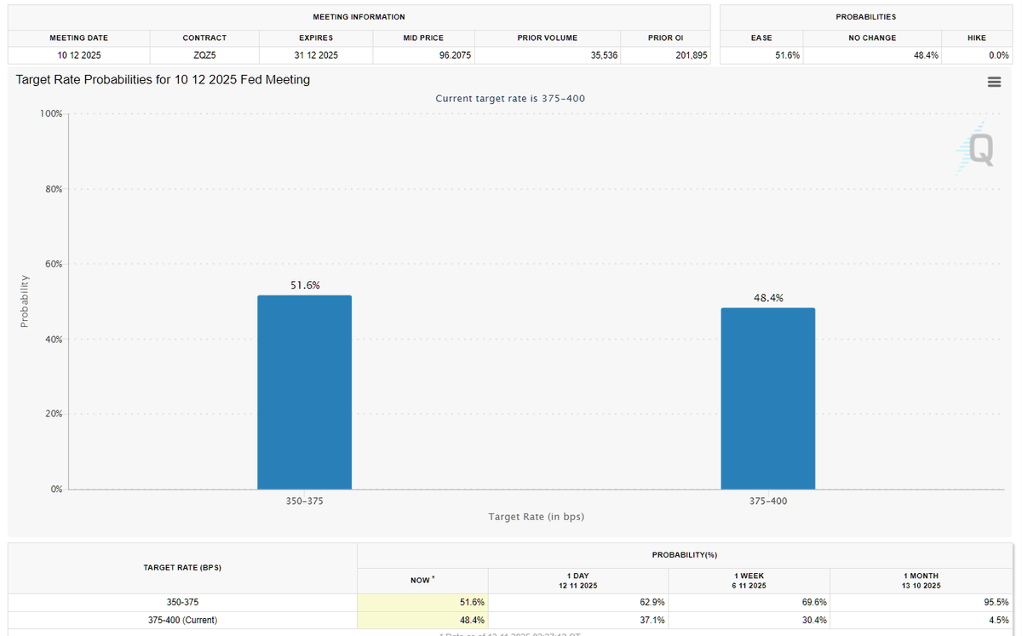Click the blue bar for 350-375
coord(304,392)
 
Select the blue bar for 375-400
coord(767,398)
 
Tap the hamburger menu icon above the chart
coord(993,82)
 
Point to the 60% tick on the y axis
coord(54,264)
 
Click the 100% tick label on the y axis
coord(51,113)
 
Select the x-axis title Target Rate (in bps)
coord(536,517)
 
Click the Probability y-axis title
coord(25,301)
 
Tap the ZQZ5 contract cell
coord(204,55)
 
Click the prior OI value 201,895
coord(690,55)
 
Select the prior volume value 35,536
coord(604,55)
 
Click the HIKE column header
coord(976,37)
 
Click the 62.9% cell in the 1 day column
coord(652,602)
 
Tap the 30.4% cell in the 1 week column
coord(813,620)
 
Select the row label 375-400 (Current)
coord(182,620)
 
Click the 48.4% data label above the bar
coord(768,298)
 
